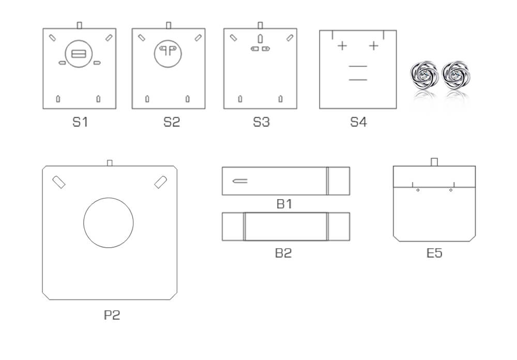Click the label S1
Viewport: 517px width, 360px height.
80,122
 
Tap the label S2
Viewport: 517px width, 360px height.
172,122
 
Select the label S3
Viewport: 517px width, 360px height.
261,122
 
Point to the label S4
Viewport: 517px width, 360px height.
358,122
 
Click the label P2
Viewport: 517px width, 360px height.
112,315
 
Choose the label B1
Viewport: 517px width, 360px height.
284,204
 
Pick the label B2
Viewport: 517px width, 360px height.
283,253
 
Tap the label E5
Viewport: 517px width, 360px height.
434,253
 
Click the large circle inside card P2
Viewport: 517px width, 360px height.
109,198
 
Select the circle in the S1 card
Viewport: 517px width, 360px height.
79,40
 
